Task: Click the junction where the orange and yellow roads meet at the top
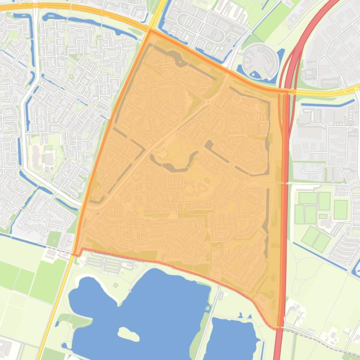150,30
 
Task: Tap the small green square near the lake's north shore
115,285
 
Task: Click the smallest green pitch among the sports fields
323,216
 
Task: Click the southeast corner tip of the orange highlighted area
278,327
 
